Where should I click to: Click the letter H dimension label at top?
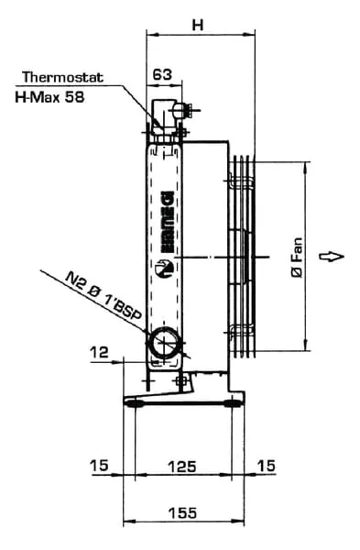tap(198, 25)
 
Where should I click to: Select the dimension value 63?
tap(163, 74)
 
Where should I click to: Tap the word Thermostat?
tap(63, 77)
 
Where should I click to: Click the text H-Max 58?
tap(49, 97)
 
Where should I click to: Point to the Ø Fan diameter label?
tap(297, 258)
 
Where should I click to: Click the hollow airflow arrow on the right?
tap(332, 257)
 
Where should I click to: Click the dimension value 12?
tap(100, 352)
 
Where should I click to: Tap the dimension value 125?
tap(182, 467)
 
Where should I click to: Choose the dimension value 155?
tap(182, 512)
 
